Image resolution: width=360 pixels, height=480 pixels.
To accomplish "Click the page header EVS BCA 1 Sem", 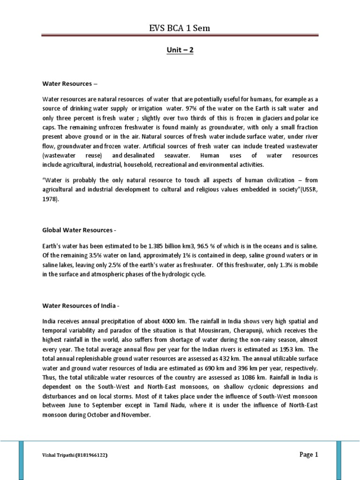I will click(180, 28).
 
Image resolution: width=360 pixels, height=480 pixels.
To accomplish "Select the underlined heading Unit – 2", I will click(180, 50).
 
